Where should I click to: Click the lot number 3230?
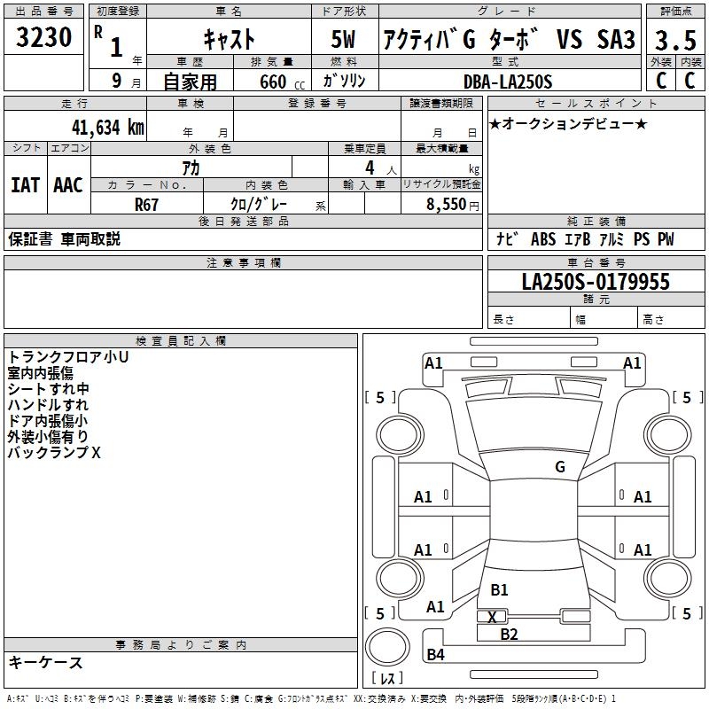point(44,37)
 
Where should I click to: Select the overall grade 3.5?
point(675,41)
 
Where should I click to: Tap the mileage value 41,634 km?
point(99,127)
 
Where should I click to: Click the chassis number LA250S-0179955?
point(596,282)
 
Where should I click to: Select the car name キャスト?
point(230,40)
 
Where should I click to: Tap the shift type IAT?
point(25,185)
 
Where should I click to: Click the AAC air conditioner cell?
point(68,185)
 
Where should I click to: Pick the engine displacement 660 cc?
point(269,82)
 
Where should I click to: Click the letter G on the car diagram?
point(560,466)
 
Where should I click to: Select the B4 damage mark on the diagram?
point(435,655)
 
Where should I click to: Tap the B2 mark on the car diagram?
point(509,634)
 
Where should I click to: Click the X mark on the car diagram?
point(492,616)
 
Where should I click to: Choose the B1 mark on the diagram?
point(499,589)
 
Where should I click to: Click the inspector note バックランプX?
point(55,452)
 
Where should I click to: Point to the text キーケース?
point(46,662)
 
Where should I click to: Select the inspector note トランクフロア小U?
point(68,357)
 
